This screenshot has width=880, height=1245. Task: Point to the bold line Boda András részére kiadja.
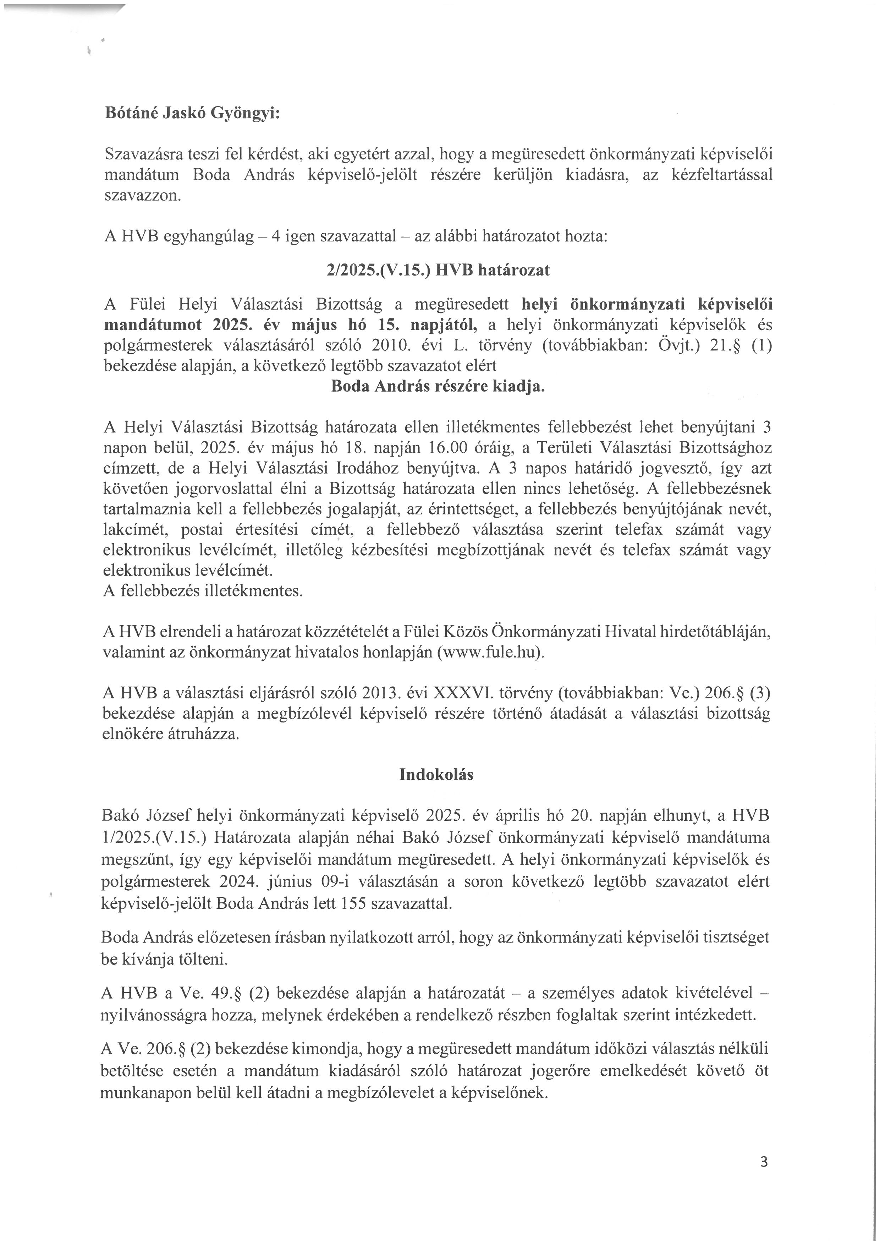tap(437, 387)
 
